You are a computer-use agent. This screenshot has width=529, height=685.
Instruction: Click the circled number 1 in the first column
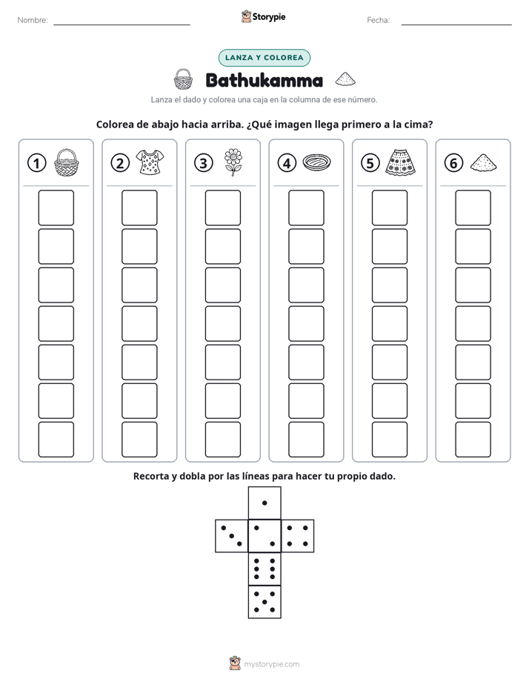(x=36, y=163)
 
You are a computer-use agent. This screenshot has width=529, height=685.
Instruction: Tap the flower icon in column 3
(x=233, y=162)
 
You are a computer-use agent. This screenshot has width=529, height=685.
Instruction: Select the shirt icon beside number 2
(x=150, y=162)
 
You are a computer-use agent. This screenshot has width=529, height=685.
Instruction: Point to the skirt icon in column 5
(x=400, y=162)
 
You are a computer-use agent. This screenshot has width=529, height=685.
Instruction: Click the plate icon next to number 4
(x=316, y=162)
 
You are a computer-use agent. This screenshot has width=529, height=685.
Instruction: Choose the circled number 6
(x=453, y=163)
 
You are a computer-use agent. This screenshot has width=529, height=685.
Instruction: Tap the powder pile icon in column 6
(x=484, y=162)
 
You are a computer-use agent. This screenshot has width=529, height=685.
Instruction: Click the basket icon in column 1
(x=67, y=162)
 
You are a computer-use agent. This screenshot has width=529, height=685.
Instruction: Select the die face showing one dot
(x=264, y=503)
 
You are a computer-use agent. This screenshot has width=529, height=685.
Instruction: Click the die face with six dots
(x=264, y=569)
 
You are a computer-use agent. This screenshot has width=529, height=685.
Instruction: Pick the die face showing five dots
(x=264, y=602)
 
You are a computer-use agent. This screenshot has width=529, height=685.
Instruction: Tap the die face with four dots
(x=298, y=536)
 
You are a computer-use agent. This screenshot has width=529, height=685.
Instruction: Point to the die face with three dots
(x=232, y=536)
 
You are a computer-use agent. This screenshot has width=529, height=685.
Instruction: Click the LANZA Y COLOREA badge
(x=264, y=58)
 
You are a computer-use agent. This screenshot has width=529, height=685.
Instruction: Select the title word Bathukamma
(x=264, y=80)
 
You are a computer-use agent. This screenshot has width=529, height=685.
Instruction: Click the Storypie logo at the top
(x=263, y=17)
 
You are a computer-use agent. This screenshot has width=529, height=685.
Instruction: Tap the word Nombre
(x=33, y=20)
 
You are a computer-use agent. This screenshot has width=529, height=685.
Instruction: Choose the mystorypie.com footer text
(x=271, y=664)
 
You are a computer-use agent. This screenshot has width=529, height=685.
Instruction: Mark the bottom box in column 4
(x=307, y=440)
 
